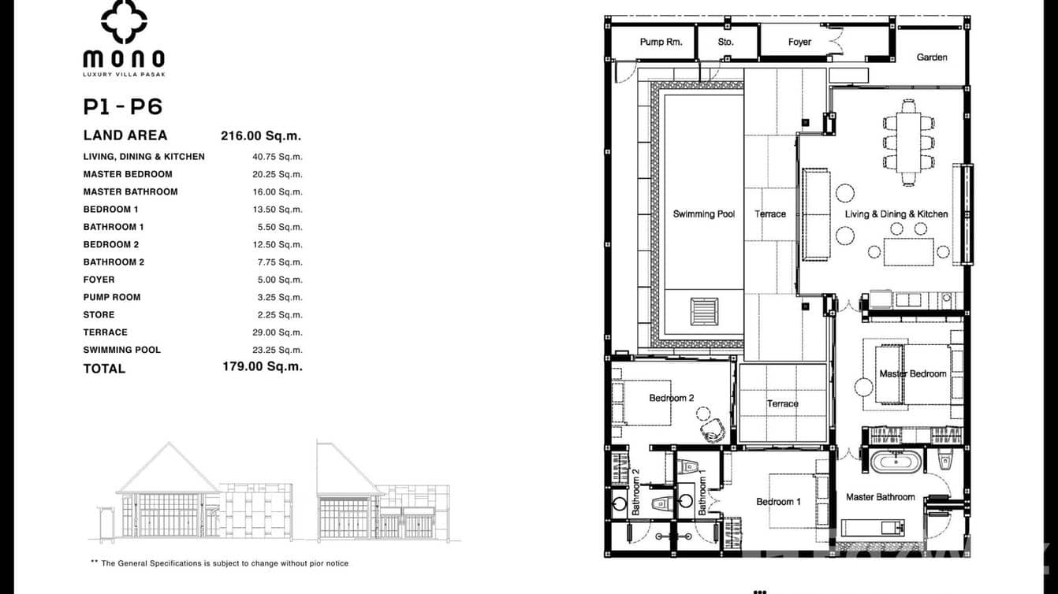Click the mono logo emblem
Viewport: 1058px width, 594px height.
pos(124,22)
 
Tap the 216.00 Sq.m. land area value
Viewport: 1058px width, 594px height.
pos(261,136)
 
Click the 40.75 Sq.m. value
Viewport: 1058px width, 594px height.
pos(277,157)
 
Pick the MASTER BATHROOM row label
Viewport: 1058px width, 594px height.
pos(130,191)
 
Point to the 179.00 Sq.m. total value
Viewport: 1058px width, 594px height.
pos(262,366)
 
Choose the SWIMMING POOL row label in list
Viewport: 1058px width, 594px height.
pos(121,350)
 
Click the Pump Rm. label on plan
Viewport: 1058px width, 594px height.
pos(661,42)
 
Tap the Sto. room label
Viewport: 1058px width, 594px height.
pos(725,42)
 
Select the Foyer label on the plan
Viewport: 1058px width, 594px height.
pos(799,42)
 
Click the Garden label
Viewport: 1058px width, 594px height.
pos(932,57)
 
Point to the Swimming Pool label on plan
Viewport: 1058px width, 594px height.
pos(703,213)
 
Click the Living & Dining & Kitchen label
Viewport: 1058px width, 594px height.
pos(896,213)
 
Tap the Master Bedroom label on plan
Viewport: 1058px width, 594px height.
pos(913,373)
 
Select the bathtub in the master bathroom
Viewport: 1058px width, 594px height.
pos(895,461)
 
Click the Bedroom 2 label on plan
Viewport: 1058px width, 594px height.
pos(671,398)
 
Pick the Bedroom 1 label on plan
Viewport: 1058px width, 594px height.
pos(778,502)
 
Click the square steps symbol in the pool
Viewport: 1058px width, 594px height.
pos(704,310)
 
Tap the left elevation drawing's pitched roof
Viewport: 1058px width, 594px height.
pos(167,469)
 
